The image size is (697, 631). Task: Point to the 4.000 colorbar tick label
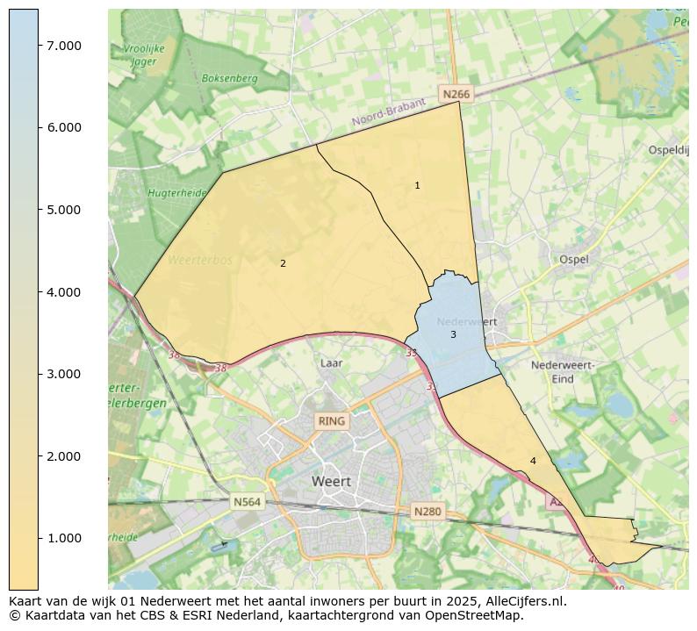[64, 292]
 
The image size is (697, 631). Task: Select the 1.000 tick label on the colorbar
[64, 539]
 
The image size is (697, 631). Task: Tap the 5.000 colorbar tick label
[64, 210]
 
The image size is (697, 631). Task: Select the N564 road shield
[247, 502]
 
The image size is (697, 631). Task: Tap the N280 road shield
[427, 512]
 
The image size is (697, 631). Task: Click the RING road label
[332, 421]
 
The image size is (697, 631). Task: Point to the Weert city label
[331, 482]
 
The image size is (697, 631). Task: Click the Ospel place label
[574, 260]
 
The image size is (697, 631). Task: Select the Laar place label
[331, 362]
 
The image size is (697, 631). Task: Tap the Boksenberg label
[229, 78]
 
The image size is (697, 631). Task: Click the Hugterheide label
[176, 193]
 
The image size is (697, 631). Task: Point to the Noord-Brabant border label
[388, 113]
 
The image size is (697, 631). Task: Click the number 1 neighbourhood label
[417, 186]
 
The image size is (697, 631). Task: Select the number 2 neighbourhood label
[283, 263]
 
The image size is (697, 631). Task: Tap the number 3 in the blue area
[453, 334]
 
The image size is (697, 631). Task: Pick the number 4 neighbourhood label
[533, 461]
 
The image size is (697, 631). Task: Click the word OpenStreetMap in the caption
[475, 615]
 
